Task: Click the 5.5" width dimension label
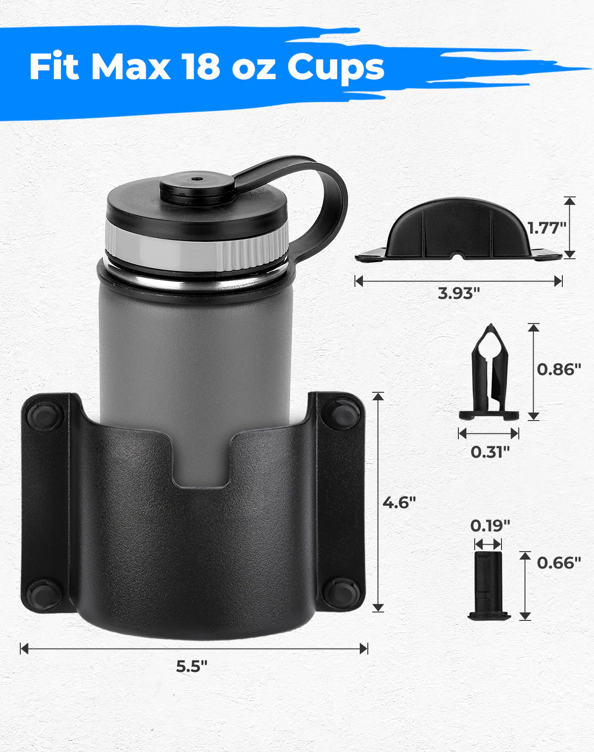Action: coord(192,666)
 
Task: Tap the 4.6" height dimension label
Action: coord(399,502)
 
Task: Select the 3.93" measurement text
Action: coord(459,293)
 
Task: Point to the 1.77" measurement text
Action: coord(546,228)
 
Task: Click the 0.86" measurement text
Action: coord(559,369)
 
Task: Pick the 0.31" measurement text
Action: coord(490,451)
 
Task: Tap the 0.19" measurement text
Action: coord(490,525)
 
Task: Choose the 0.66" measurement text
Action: coord(559,563)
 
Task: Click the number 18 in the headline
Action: coord(200,67)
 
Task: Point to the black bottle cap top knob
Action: coord(197,184)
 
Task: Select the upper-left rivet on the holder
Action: coord(44,415)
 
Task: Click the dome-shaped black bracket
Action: coord(458,230)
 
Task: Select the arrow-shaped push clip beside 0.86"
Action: coord(489,374)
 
